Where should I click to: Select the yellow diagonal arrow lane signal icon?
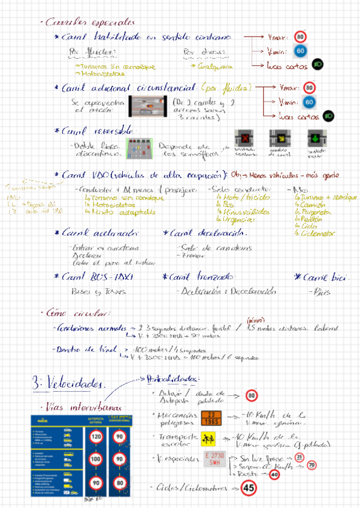click(x=277, y=137)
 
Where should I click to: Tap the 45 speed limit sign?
click(x=249, y=488)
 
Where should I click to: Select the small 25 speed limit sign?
click(x=300, y=457)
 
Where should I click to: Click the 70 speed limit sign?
click(x=311, y=465)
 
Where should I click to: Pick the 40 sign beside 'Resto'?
click(x=274, y=474)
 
